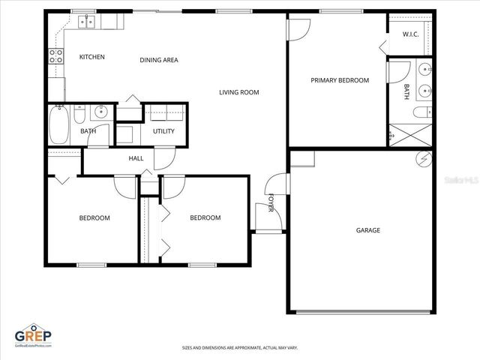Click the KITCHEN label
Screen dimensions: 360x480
92,57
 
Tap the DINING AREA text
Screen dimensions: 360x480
159,60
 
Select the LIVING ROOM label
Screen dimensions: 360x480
238,93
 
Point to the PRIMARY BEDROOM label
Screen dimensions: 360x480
340,80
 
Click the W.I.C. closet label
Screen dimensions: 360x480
410,34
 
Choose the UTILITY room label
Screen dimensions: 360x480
163,131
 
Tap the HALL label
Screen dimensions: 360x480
136,158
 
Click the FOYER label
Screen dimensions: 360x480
271,203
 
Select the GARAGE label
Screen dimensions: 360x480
367,230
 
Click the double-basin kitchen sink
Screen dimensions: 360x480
86,22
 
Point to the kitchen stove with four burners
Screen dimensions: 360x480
55,54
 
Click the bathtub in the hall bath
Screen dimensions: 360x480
59,124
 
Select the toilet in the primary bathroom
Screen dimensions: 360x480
421,112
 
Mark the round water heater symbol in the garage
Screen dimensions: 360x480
424,159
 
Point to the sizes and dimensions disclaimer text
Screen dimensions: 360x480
240,348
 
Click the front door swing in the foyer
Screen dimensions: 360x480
275,185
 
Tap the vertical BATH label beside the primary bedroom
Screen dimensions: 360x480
406,91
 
